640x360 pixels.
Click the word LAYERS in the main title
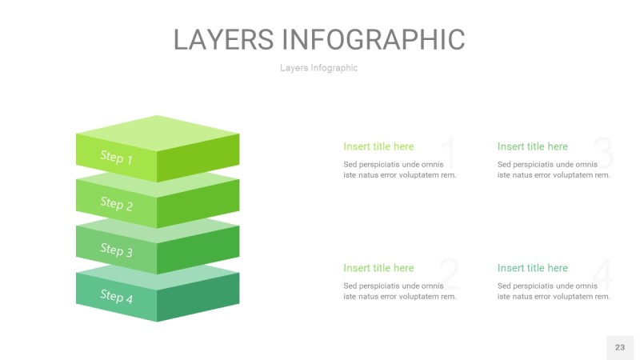tap(224, 39)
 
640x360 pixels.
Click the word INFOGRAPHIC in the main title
tap(374, 39)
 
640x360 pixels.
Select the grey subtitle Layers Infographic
tap(318, 68)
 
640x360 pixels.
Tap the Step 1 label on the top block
tap(116, 157)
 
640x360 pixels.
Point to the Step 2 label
tap(116, 203)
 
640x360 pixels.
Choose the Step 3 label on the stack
tap(116, 250)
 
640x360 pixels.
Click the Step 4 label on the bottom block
tap(116, 295)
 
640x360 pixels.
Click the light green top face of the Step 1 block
tap(158, 133)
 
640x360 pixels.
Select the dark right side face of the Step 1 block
tap(198, 157)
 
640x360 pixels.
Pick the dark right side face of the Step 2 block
tap(198, 203)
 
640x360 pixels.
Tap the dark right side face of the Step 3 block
tap(198, 250)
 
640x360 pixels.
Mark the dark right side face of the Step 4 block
tap(198, 297)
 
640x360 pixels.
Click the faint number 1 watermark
tap(450, 152)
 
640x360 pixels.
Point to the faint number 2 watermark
tap(449, 274)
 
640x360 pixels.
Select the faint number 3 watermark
tap(603, 152)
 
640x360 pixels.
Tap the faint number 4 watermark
tap(602, 274)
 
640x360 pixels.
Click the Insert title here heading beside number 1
tap(378, 146)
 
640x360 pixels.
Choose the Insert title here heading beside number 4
tap(532, 268)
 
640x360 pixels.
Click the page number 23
tap(619, 347)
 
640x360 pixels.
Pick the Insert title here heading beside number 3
tap(532, 146)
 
